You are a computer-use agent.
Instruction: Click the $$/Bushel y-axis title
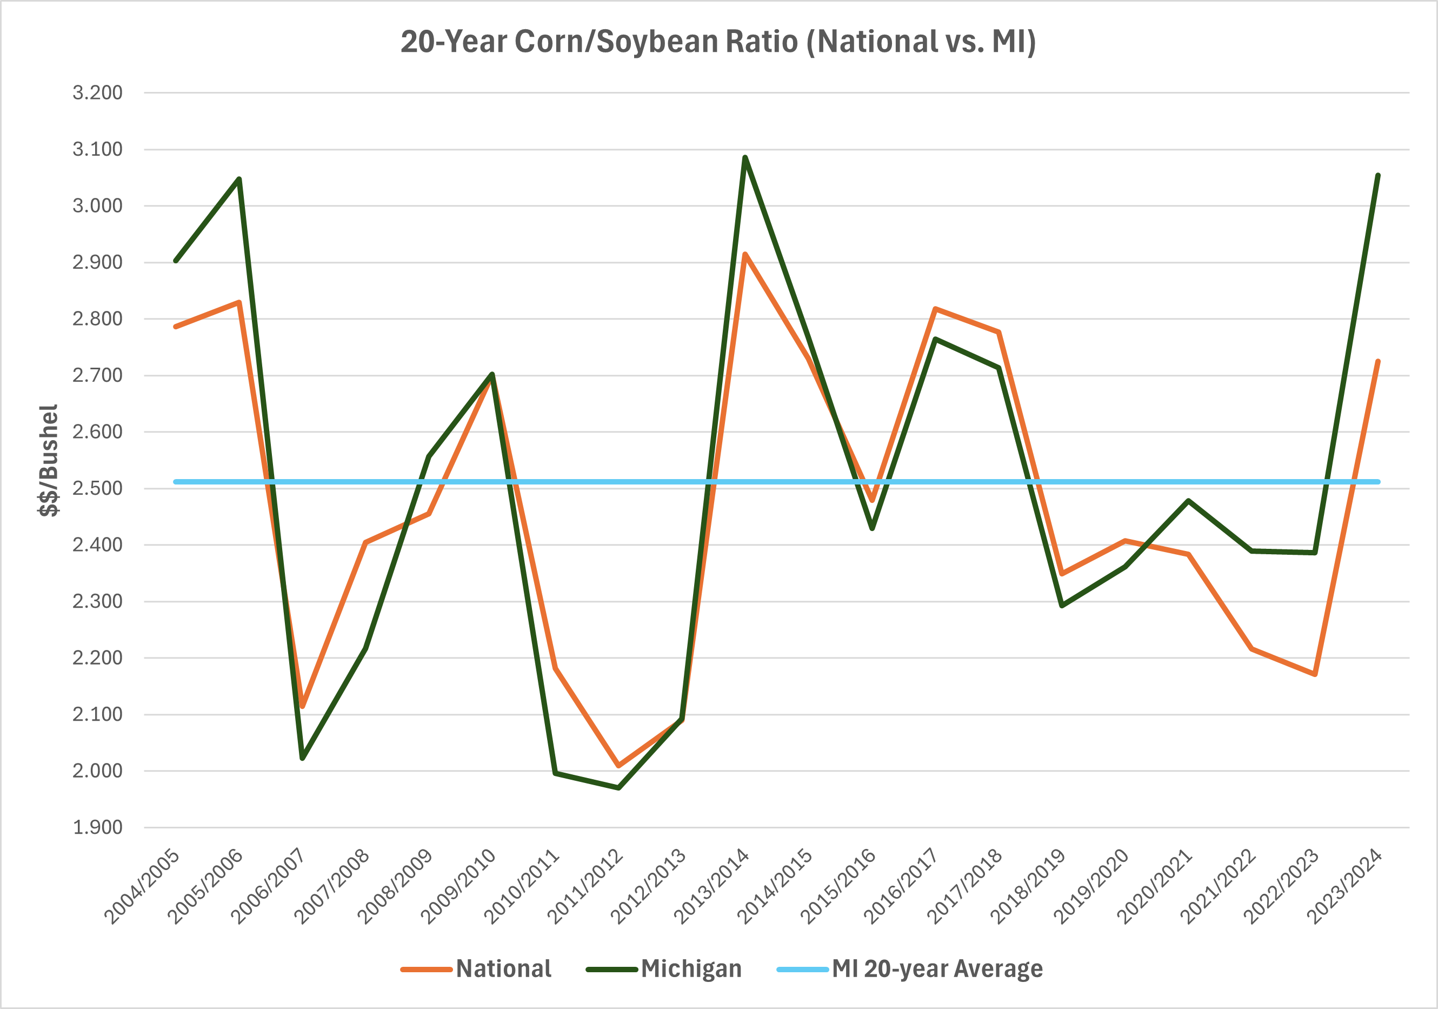coord(48,460)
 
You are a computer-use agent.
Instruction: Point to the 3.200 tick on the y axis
coord(98,92)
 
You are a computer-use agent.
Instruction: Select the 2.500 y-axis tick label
coord(98,488)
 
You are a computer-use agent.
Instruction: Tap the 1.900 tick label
coord(98,827)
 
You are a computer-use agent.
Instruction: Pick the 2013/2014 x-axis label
coord(712,886)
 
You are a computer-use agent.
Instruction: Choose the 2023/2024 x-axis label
coord(1344,886)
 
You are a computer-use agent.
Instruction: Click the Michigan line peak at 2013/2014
coord(745,157)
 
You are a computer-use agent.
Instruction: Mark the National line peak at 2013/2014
coord(745,254)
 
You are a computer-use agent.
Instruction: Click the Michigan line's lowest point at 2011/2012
coord(619,788)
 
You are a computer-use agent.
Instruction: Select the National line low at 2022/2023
coord(1315,674)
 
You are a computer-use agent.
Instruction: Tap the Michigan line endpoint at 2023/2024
coord(1378,175)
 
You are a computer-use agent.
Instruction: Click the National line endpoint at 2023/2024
coord(1378,361)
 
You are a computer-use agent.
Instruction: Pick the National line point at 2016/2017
coord(935,309)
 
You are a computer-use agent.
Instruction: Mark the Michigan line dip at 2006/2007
coord(303,759)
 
